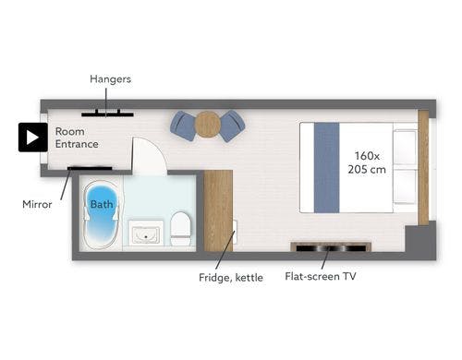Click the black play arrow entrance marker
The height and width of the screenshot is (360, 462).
pyautogui.click(x=33, y=138)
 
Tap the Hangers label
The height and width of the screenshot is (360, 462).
pyautogui.click(x=110, y=79)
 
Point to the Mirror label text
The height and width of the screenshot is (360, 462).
pyautogui.click(x=37, y=204)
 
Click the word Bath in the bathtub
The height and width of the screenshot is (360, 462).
pyautogui.click(x=102, y=204)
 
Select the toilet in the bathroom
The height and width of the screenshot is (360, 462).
pyautogui.click(x=180, y=229)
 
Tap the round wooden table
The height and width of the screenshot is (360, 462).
pyautogui.click(x=208, y=125)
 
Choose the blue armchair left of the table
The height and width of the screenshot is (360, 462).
pyautogui.click(x=183, y=126)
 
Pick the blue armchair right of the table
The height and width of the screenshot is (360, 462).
pyautogui.click(x=232, y=126)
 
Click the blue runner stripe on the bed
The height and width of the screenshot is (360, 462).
pyautogui.click(x=326, y=168)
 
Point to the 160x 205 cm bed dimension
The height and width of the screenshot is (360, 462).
pyautogui.click(x=367, y=162)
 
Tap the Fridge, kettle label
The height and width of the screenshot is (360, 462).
pyautogui.click(x=231, y=278)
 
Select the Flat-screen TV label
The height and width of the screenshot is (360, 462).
pyautogui.click(x=321, y=276)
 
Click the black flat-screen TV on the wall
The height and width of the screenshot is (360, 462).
pyautogui.click(x=331, y=248)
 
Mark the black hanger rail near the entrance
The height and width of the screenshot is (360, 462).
pyautogui.click(x=107, y=114)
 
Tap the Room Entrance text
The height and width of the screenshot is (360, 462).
pyautogui.click(x=77, y=138)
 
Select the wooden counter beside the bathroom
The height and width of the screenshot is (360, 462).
pyautogui.click(x=218, y=210)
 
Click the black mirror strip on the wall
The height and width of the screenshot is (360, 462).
pyautogui.click(x=90, y=168)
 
